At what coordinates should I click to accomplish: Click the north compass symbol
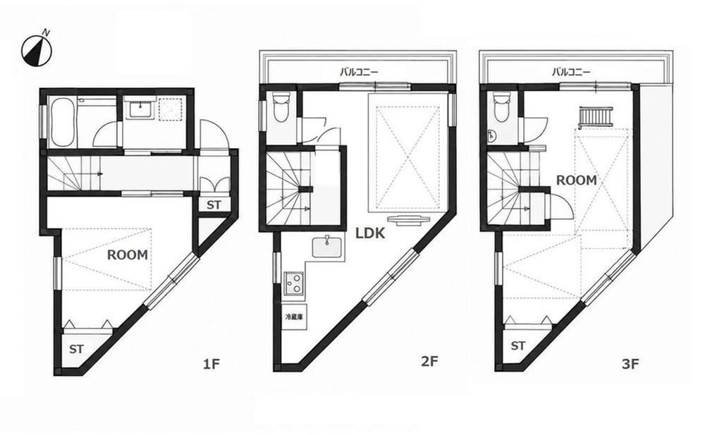[37, 49]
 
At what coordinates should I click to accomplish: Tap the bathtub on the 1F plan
[63, 121]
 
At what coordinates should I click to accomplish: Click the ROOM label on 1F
[127, 255]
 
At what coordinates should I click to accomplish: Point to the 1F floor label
[211, 364]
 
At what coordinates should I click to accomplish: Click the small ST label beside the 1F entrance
[214, 205]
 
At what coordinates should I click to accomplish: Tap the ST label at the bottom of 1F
[76, 349]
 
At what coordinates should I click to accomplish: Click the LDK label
[370, 233]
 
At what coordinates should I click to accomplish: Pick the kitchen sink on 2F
[327, 247]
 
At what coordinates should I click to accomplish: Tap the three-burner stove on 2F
[294, 283]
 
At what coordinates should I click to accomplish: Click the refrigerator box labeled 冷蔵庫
[294, 317]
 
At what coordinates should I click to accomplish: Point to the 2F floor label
[429, 361]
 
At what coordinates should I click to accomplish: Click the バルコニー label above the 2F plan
[359, 71]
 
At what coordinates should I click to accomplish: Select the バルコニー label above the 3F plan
[571, 71]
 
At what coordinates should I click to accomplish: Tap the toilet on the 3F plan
[501, 107]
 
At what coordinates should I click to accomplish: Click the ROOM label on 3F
[577, 180]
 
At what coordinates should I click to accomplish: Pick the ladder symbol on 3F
[596, 117]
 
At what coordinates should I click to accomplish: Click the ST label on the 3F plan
[518, 346]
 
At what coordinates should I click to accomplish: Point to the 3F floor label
[630, 364]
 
